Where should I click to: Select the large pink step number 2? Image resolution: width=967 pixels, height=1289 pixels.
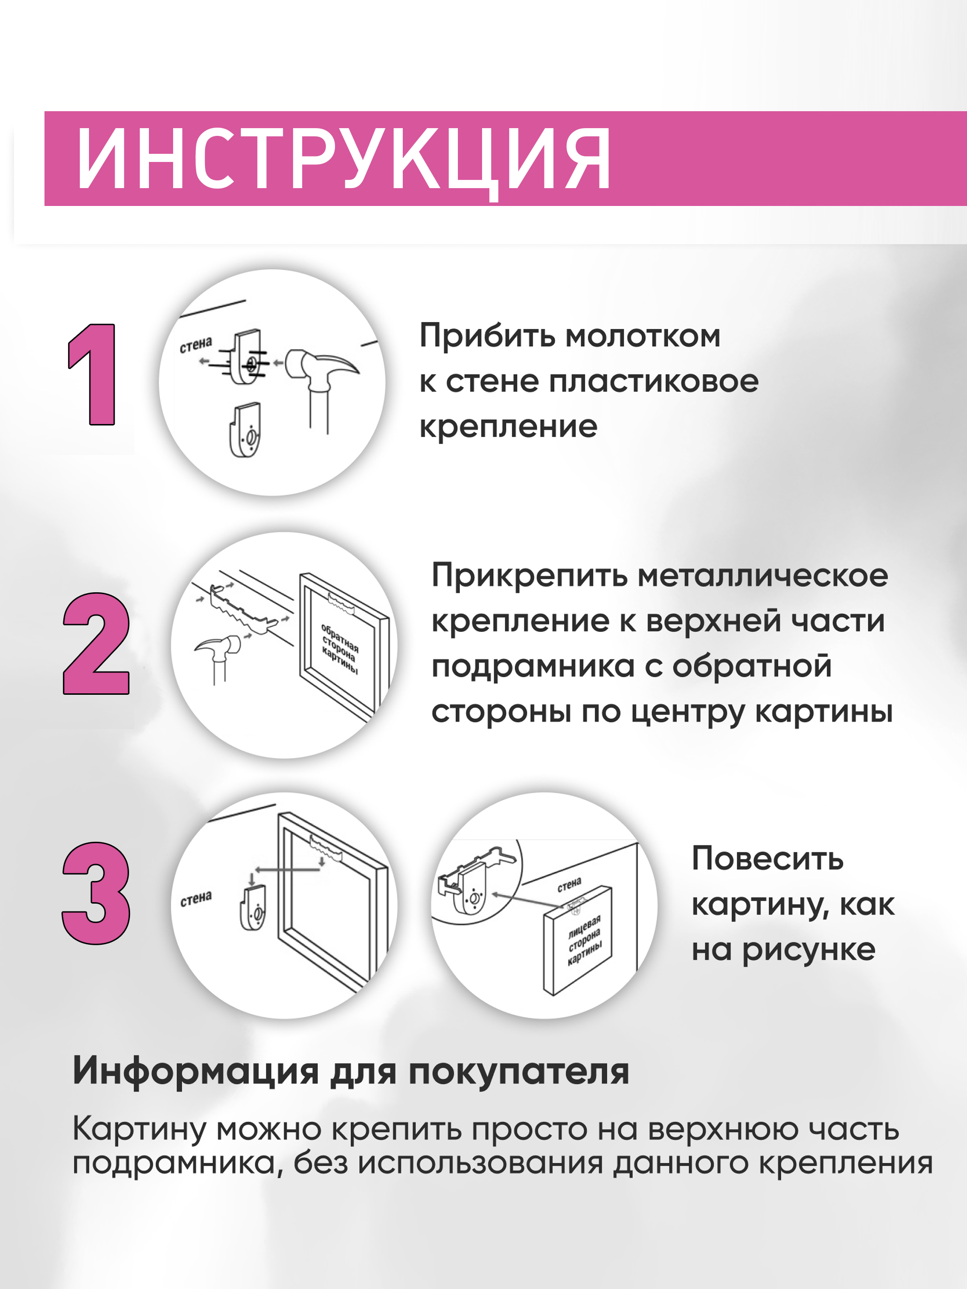[x=96, y=644]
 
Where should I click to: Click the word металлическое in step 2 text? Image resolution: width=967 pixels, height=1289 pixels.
[x=763, y=576]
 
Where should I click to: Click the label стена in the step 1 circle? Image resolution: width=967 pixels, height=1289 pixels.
[x=196, y=346]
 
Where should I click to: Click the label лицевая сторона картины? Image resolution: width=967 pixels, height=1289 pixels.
[x=584, y=939]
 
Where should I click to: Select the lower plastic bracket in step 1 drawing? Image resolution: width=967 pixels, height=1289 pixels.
[x=245, y=429]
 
